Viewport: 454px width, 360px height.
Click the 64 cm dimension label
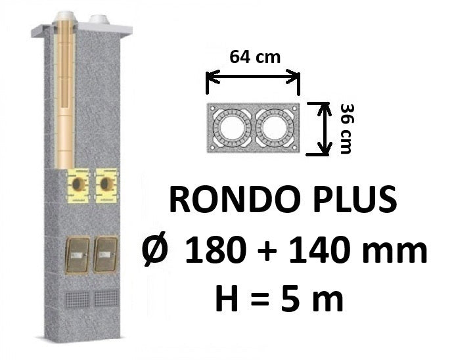(x=255, y=57)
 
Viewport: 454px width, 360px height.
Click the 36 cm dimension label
(x=346, y=129)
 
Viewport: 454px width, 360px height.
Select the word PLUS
(x=350, y=200)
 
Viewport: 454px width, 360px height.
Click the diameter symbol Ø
(x=155, y=249)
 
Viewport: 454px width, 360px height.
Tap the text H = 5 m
(x=279, y=298)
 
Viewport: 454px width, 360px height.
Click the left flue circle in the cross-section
(x=231, y=128)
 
